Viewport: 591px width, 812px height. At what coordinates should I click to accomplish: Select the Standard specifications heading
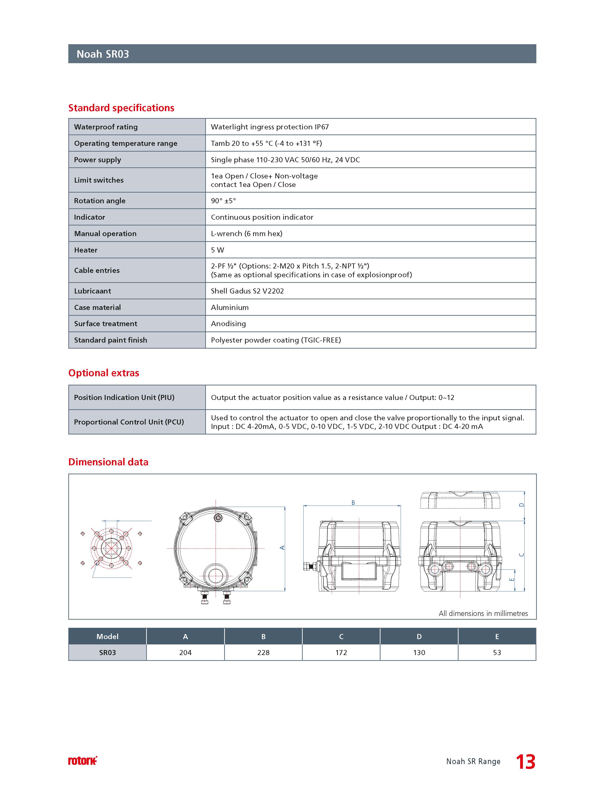tap(121, 108)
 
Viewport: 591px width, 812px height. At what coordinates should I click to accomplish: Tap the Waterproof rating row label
tap(106, 127)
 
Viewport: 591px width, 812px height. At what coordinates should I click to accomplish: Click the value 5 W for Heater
tap(217, 250)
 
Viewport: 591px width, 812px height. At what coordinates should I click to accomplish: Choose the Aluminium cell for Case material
tap(229, 307)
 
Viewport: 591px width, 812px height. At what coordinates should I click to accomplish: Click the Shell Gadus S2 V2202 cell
tap(247, 291)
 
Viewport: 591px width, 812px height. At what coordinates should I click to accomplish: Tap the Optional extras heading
tap(104, 373)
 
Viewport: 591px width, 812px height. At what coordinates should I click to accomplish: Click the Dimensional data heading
tap(108, 462)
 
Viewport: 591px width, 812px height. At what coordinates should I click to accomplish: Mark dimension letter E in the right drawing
tap(512, 579)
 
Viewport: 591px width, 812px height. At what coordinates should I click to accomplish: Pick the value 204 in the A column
tap(185, 652)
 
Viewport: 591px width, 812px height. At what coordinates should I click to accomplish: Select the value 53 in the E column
tap(497, 652)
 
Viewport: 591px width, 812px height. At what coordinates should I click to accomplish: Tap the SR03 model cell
tap(107, 652)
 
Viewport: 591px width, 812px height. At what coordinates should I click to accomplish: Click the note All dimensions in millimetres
tap(483, 613)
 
